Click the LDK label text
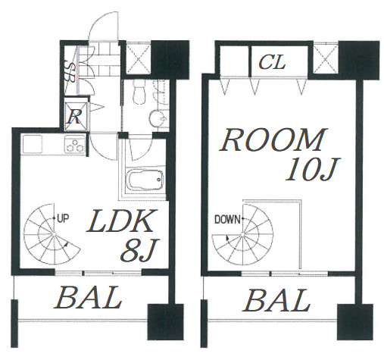120,221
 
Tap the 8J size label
139,250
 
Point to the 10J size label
313,169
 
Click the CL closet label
272,62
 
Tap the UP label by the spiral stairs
63,218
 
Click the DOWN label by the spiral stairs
227,219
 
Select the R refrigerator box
76,116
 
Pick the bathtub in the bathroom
144,180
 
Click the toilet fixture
139,92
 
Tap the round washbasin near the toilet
157,117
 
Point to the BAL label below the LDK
87,298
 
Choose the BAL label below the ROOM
276,300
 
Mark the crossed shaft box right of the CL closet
325,60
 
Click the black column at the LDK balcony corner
165,322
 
